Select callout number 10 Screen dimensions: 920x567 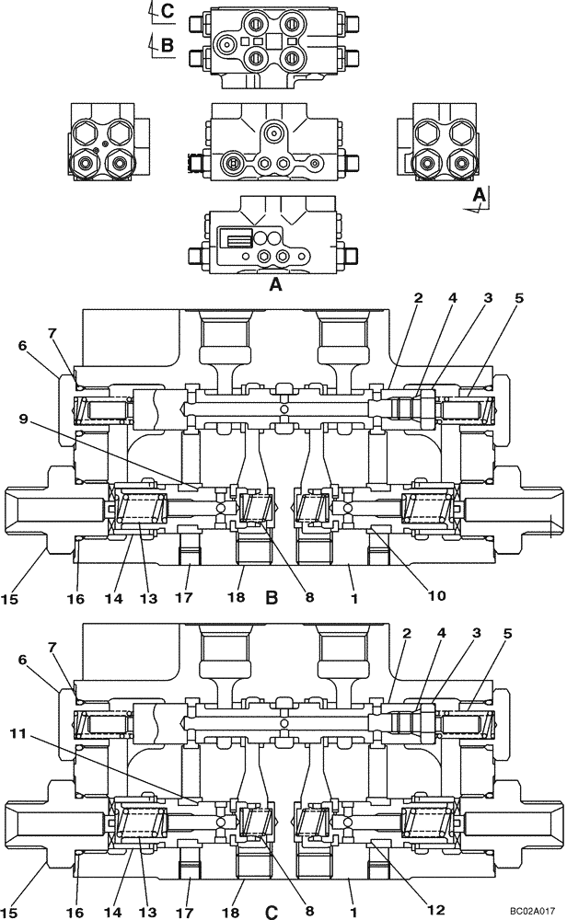tap(436, 595)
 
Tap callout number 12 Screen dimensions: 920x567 tap(435, 909)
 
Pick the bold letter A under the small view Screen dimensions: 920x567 tap(273, 286)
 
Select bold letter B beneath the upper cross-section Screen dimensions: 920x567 tap(272, 598)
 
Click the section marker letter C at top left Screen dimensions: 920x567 tap(167, 11)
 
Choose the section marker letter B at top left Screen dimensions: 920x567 tap(167, 43)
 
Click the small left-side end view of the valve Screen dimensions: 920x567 tap(102, 141)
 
